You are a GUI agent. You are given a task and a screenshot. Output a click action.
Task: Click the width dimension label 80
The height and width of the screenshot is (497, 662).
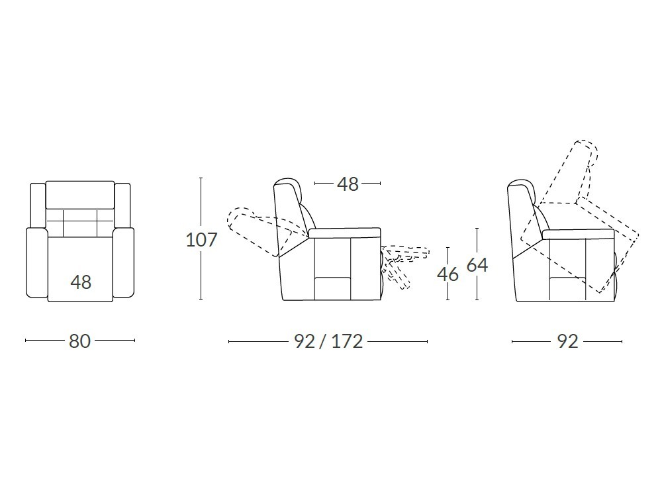(80, 341)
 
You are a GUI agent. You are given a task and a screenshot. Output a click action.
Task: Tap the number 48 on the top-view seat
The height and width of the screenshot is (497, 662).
(81, 282)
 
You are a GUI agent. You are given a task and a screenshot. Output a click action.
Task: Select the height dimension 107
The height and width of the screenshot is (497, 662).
(201, 240)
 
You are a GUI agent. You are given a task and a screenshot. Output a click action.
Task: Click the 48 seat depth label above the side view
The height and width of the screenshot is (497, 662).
(348, 184)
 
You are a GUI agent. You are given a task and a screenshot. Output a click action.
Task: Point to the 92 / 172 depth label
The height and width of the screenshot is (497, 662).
(328, 341)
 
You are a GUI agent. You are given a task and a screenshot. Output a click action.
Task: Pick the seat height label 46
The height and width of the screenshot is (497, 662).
(448, 274)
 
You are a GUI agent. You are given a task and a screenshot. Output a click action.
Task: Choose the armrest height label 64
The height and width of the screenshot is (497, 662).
(477, 265)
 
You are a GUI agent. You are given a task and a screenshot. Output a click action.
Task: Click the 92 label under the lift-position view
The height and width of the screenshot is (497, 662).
(567, 341)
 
